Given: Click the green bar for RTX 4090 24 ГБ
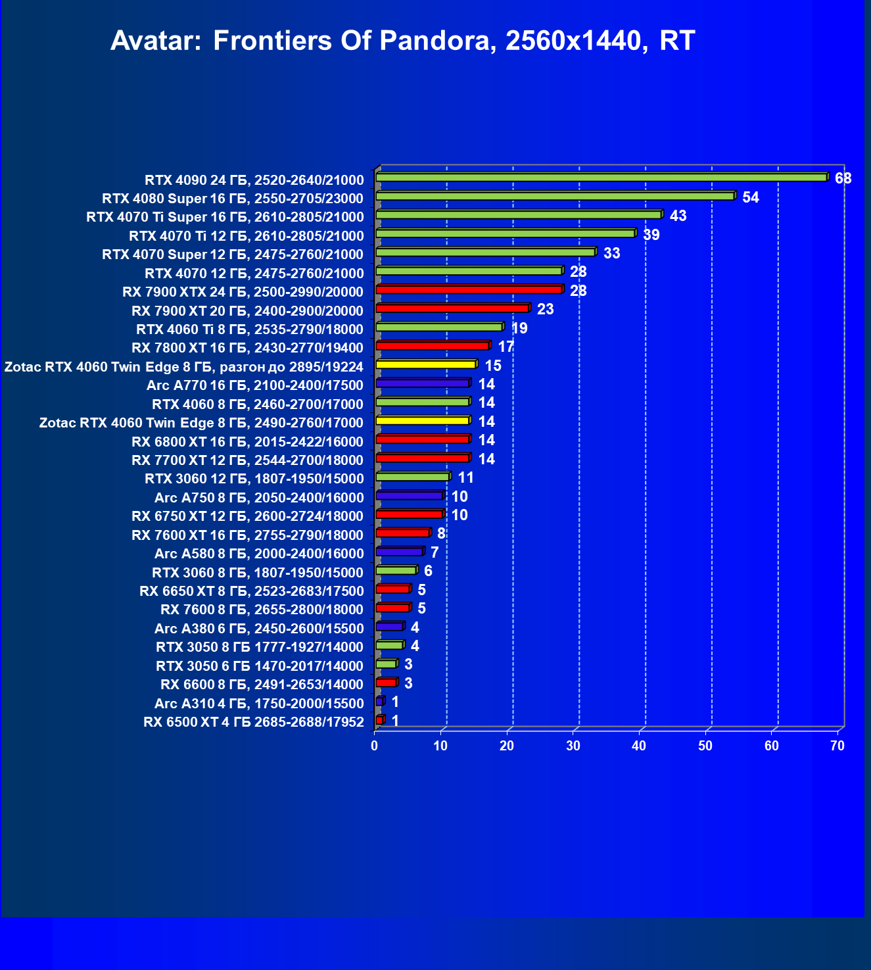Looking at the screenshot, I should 601,178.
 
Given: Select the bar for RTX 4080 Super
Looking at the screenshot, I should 555,196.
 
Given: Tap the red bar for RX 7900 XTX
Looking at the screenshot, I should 469,290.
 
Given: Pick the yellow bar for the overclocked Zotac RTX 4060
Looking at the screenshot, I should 426,364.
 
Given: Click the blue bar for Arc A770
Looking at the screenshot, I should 423,383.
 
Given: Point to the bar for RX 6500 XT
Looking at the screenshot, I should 380,721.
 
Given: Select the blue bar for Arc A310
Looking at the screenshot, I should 380,702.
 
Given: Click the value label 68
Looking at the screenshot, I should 843,179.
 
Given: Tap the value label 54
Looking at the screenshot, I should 750,198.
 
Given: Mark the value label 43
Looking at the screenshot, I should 678,216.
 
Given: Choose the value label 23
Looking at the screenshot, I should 545,310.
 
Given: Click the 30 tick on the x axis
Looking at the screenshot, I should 573,746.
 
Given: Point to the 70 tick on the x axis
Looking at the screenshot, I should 837,746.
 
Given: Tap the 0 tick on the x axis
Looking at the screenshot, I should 375,746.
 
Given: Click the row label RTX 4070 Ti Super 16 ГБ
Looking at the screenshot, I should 225,217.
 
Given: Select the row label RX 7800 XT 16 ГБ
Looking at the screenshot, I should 247,348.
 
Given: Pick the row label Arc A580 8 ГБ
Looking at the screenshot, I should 259,554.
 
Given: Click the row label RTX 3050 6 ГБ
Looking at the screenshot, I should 260,666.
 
